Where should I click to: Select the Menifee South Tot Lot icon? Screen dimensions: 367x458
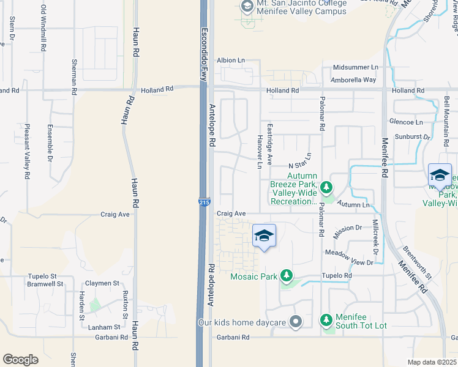[x=327, y=319]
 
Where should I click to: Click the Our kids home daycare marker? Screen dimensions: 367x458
[x=296, y=322]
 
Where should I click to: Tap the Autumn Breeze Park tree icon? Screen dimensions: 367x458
[x=327, y=186]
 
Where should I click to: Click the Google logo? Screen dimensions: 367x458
[x=20, y=360]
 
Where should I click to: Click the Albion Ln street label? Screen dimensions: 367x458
[x=231, y=61]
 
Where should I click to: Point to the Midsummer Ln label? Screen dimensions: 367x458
[x=356, y=67]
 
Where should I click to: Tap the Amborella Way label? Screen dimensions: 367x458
[x=353, y=80]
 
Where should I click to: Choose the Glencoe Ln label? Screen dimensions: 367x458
[x=410, y=122]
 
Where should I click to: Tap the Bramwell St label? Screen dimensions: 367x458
[x=45, y=284]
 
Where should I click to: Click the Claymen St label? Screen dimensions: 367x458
[x=102, y=283]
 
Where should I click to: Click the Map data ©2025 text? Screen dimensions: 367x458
[x=432, y=362]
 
